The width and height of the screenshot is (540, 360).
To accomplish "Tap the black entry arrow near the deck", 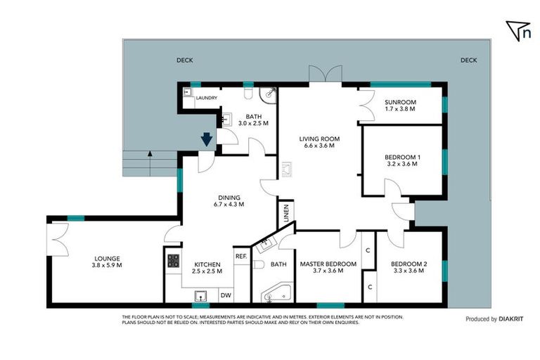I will click(207, 139).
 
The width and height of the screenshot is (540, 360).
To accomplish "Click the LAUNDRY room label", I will click(207, 98).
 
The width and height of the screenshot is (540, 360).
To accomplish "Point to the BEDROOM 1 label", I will click(402, 160).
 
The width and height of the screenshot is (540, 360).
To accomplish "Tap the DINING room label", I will click(229, 201).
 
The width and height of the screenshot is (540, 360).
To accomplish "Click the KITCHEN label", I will click(207, 267).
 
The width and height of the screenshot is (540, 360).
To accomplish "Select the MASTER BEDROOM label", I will click(328, 267).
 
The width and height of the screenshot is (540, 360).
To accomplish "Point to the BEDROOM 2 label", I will click(409, 267).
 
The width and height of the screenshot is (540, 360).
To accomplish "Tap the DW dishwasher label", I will click(226, 296).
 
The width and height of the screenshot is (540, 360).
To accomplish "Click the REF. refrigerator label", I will click(240, 256).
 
